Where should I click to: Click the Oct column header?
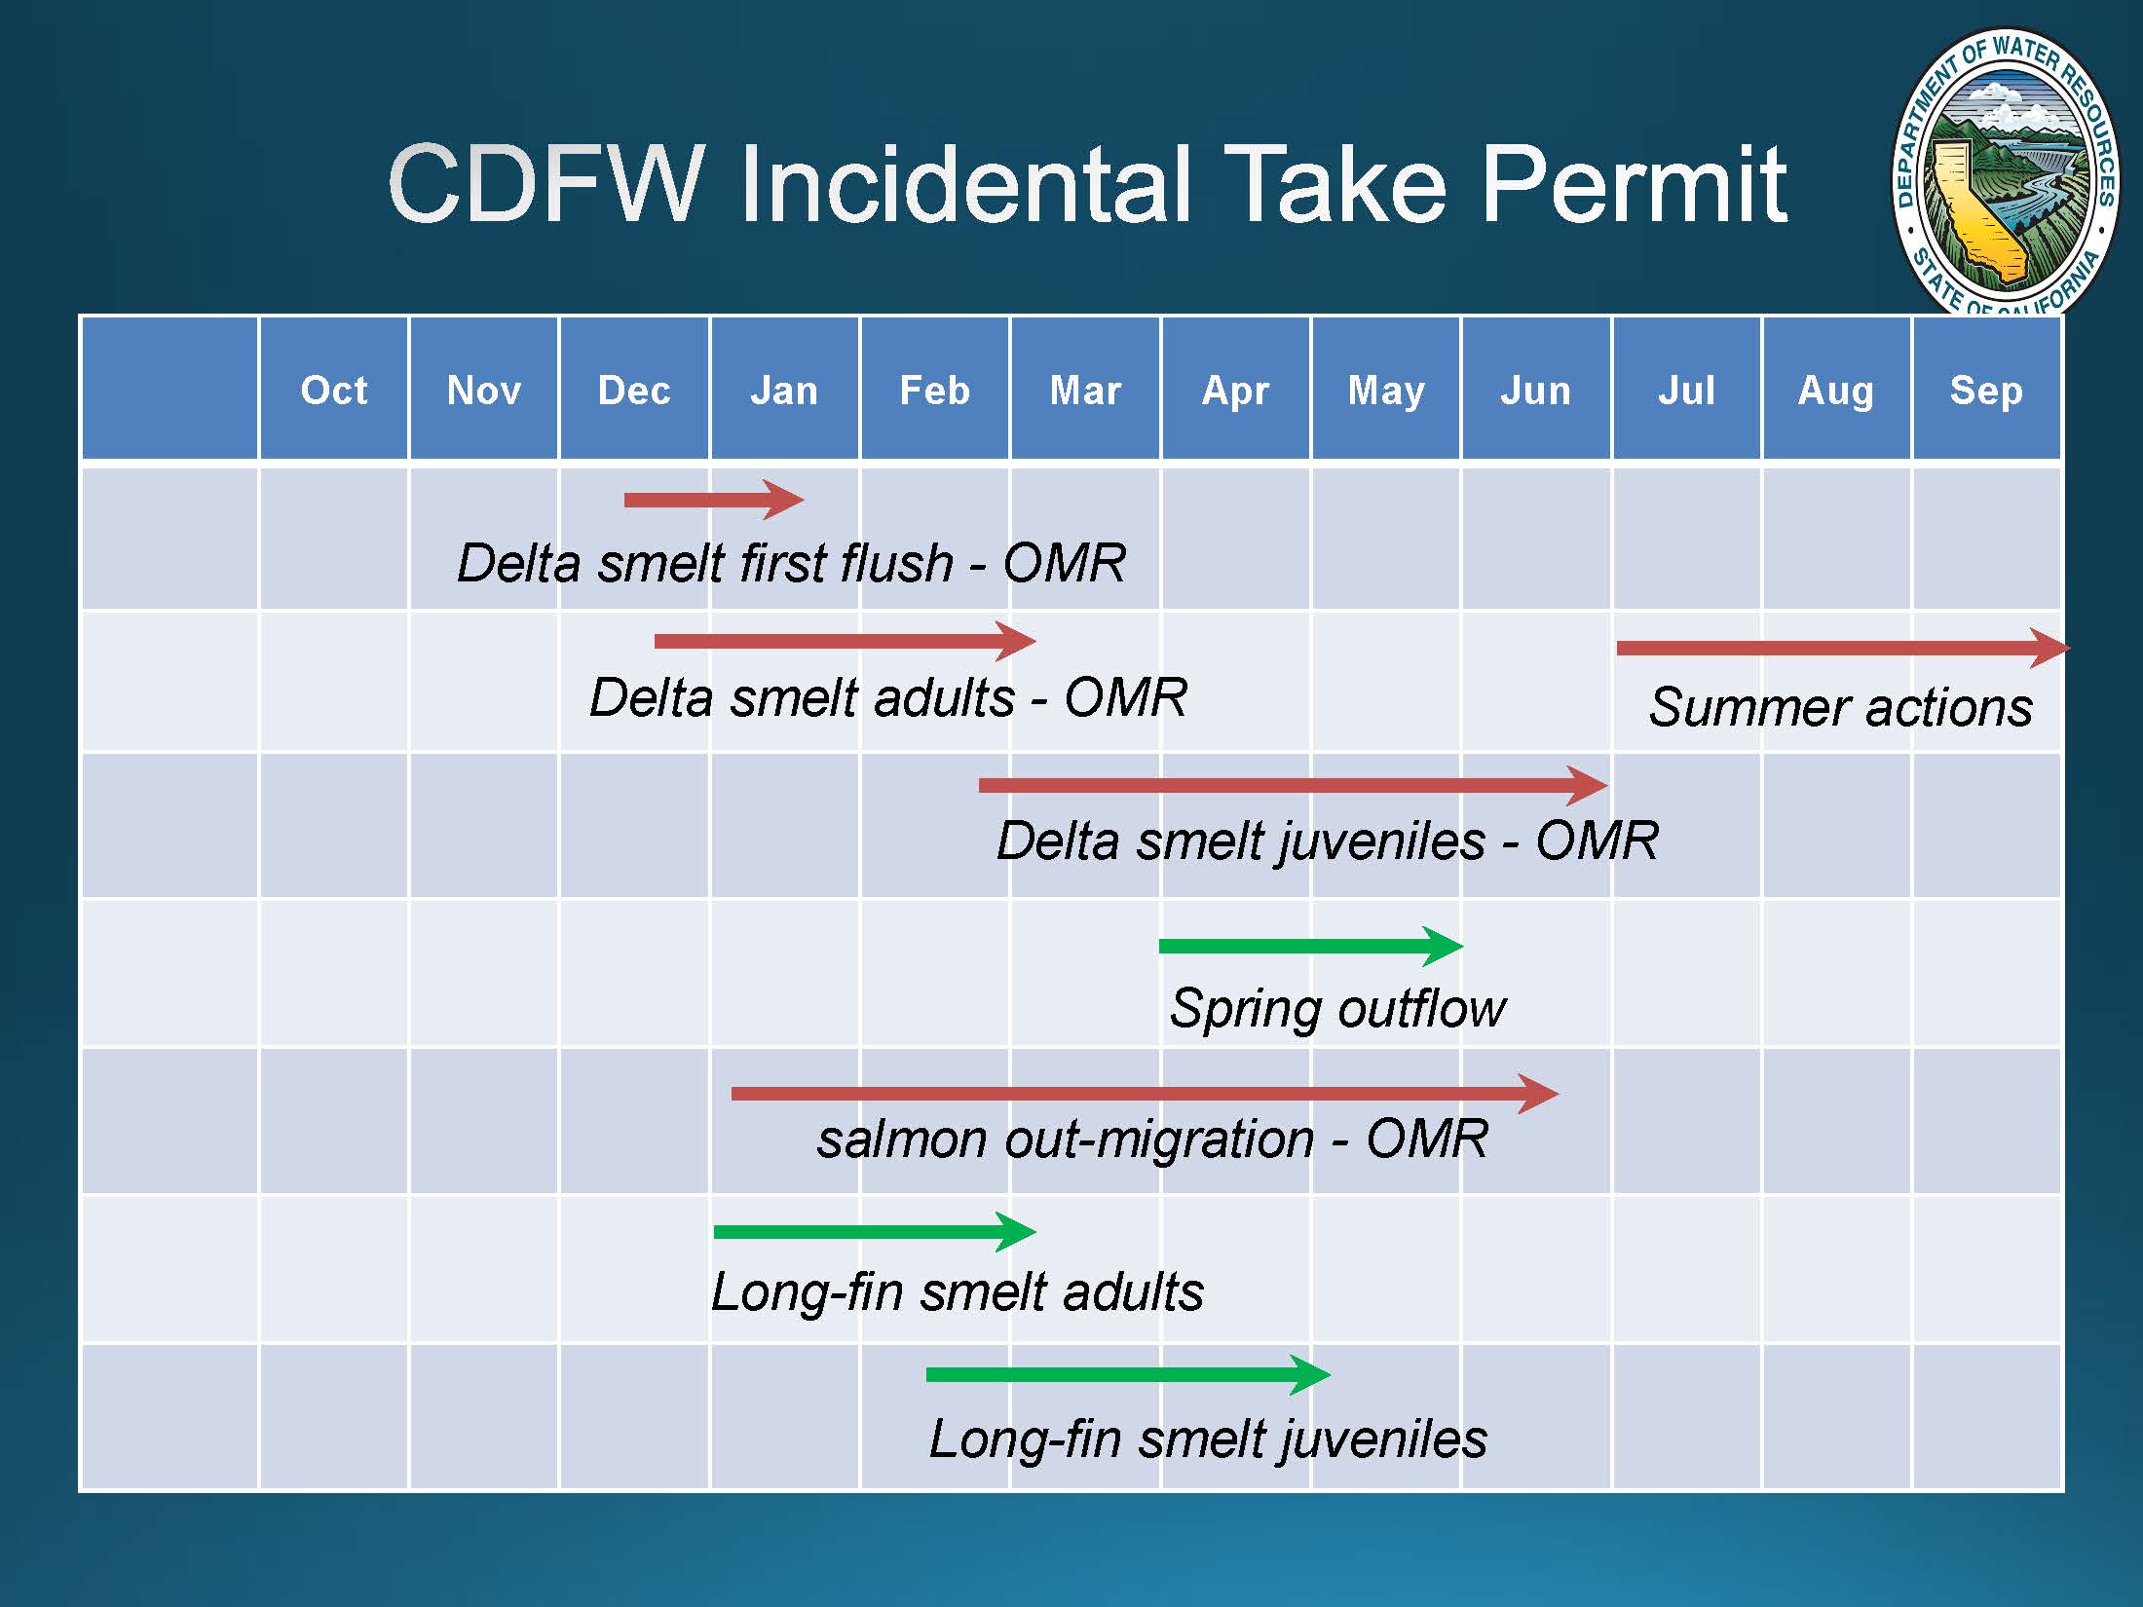334,391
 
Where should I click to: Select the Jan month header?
784,391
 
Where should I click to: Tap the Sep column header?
1986,391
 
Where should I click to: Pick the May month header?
1386,391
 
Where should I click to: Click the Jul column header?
1686,391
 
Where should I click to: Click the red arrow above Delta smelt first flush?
714,500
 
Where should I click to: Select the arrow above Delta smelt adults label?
846,641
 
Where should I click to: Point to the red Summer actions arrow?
1844,648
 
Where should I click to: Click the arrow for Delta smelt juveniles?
1294,785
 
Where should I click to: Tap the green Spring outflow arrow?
1311,946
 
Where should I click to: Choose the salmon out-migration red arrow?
1146,1094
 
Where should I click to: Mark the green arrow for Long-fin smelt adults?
875,1232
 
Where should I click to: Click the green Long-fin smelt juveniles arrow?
1128,1374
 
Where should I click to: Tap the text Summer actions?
1841,706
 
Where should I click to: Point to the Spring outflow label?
1337,1008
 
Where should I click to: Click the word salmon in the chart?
902,1139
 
